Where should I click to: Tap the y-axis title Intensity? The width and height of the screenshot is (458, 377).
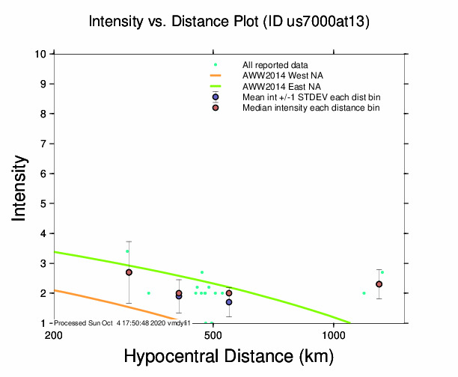[21, 188]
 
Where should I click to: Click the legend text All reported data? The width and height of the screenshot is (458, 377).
[275, 65]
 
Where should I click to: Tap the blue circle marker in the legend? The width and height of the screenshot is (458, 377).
[216, 97]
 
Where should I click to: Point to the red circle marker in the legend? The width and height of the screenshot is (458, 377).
[216, 108]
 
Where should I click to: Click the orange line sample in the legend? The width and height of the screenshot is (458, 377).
[216, 76]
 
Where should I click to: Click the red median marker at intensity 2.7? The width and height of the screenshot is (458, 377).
[129, 272]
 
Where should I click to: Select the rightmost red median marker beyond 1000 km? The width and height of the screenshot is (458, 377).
[379, 284]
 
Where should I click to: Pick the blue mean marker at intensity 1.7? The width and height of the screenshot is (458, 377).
[229, 302]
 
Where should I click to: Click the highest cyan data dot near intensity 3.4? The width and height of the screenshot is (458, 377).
[127, 251]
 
